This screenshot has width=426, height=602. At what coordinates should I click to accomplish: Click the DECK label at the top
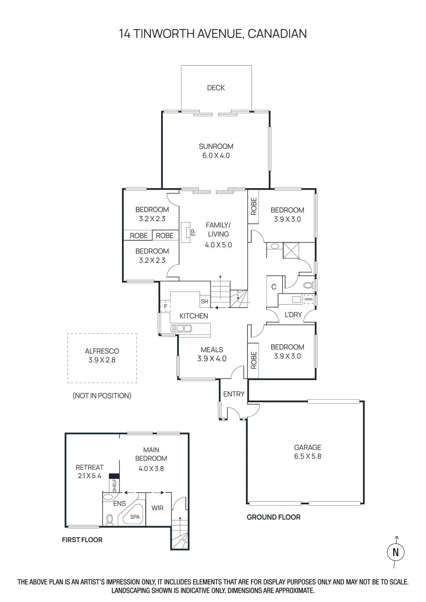coord(216,88)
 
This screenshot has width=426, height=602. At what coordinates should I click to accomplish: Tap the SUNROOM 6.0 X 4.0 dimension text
coord(216,155)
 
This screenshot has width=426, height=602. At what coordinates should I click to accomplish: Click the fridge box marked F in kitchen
coord(165,306)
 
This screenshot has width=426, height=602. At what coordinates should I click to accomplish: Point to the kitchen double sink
coord(181,328)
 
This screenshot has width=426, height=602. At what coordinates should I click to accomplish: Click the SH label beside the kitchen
coord(204,301)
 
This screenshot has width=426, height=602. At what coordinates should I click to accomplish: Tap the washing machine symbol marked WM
coord(308,299)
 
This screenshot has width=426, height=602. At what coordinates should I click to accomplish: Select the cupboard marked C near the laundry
coord(274,287)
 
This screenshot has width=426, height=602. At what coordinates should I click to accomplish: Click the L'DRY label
coord(293,315)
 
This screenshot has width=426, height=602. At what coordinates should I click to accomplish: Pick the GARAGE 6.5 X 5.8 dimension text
coord(307,456)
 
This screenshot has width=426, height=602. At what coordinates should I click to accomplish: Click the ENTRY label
coord(234,394)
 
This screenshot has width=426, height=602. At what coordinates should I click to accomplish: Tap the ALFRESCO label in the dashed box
coord(102,351)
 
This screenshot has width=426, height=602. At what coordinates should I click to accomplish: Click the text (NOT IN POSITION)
coord(102,395)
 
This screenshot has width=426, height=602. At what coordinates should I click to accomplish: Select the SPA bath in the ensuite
coord(134,517)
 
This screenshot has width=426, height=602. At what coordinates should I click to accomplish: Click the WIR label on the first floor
coord(157,508)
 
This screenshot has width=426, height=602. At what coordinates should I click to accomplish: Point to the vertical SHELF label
coord(115,485)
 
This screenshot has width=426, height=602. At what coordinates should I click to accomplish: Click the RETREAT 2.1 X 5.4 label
coord(90,471)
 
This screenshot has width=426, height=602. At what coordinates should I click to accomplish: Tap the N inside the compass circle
coord(396,552)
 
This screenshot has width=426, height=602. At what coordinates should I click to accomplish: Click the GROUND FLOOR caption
coord(274,517)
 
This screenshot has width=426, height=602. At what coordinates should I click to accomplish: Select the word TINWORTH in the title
coord(163,34)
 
